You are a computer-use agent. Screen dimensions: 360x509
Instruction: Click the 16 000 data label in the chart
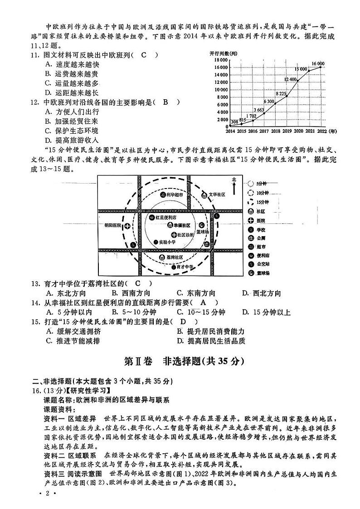(x=317, y=63)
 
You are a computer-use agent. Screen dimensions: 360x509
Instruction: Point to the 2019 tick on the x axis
(x=287, y=131)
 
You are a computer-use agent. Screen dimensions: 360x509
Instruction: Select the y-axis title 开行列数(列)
(x=224, y=53)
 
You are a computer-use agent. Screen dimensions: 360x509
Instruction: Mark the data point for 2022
(x=321, y=67)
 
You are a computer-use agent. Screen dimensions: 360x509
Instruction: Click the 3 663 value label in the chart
(x=258, y=110)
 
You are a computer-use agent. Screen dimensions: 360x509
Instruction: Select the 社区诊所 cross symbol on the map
(x=174, y=234)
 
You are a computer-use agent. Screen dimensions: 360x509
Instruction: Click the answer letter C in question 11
(x=144, y=55)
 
